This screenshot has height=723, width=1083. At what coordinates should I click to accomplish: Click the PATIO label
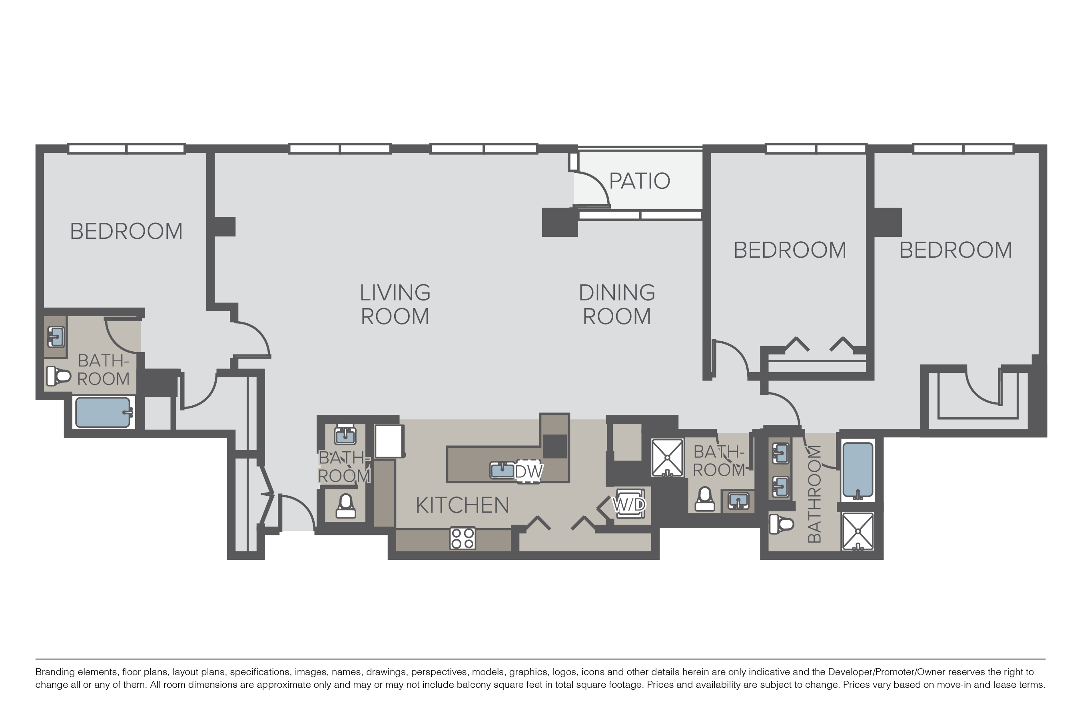[639, 181]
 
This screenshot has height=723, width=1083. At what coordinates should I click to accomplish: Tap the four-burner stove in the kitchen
[463, 538]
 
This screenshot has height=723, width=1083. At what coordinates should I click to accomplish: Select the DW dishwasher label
[529, 471]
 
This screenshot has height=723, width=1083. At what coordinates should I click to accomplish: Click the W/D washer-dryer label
[629, 505]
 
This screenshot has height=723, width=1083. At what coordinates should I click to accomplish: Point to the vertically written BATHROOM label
[814, 494]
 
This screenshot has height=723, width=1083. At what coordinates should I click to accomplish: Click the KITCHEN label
[463, 505]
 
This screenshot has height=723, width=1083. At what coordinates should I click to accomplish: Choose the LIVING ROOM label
[395, 304]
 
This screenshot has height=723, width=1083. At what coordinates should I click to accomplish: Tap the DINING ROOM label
[617, 304]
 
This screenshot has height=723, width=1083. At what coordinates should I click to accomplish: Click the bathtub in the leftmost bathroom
[103, 412]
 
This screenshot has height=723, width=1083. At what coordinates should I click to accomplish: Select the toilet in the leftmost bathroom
[58, 376]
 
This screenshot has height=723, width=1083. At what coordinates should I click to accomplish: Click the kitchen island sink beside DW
[502, 470]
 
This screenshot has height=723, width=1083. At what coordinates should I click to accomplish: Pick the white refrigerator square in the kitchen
[389, 441]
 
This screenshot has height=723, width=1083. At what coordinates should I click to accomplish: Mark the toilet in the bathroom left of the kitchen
[345, 506]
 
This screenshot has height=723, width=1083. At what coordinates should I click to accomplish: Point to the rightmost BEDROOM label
[956, 250]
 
